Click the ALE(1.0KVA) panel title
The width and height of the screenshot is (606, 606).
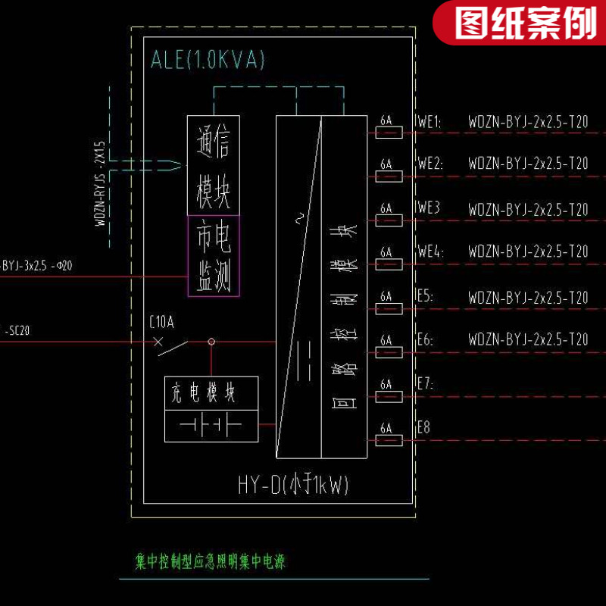click(208, 61)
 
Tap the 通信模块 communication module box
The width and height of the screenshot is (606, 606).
click(214, 165)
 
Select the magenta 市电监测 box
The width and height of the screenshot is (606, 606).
click(214, 256)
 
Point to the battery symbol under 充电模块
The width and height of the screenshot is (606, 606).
click(211, 426)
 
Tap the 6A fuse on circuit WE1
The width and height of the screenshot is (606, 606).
click(389, 133)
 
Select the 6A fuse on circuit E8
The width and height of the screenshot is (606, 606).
click(389, 440)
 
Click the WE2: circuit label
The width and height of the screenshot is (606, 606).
click(430, 164)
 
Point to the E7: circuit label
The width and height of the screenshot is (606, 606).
click(425, 384)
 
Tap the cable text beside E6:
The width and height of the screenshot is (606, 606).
click(528, 339)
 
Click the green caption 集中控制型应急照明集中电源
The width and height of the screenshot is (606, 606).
click(210, 562)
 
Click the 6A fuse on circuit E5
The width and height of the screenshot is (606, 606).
click(389, 308)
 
